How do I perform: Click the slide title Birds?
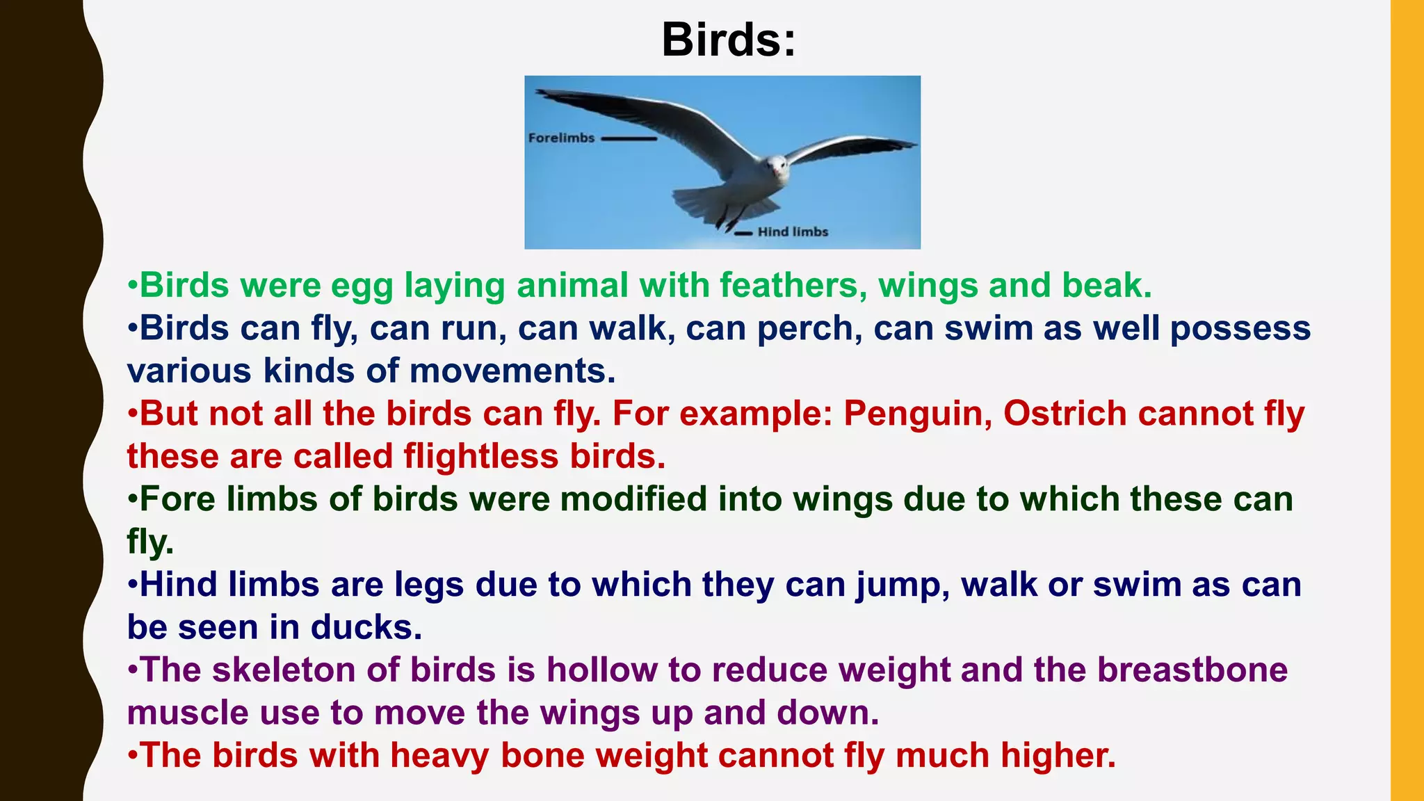pos(728,40)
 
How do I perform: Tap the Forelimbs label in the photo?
pos(561,138)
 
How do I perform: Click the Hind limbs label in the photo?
pos(793,232)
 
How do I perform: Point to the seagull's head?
pos(777,165)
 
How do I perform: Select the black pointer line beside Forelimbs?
pos(629,138)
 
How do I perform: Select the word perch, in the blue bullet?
pos(809,328)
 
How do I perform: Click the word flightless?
pos(481,457)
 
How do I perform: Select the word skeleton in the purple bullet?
pos(284,670)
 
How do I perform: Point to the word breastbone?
pos(1192,670)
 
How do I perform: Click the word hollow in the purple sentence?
pos(601,670)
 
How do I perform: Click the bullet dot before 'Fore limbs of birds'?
pos(132,499)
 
